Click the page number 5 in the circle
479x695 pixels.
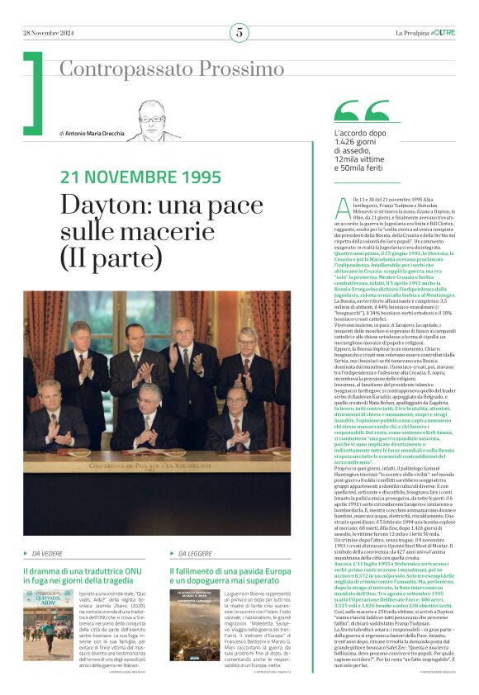[239, 32]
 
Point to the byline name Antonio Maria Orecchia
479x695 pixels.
[95, 133]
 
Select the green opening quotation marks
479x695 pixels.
[361, 111]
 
